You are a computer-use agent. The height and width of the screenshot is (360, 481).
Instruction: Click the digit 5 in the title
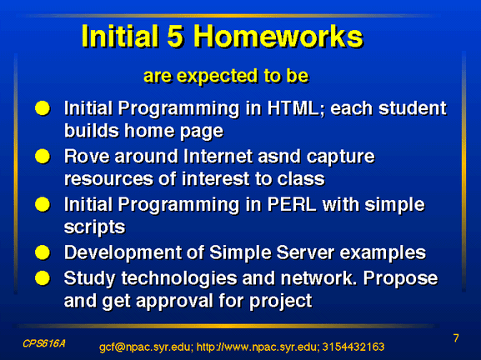point(175,36)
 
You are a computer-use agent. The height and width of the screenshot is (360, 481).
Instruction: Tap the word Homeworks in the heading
point(278,36)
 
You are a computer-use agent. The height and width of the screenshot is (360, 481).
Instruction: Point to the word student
point(413,108)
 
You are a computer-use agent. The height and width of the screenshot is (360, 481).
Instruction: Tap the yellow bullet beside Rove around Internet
point(43,157)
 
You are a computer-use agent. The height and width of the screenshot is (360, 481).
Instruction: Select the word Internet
point(218,157)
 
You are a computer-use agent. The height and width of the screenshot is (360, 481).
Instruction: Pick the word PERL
point(292,204)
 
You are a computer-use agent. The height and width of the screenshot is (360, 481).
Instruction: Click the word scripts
point(94,227)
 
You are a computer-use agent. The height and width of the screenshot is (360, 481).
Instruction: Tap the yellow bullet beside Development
point(43,252)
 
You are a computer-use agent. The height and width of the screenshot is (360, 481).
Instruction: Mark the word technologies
point(179,278)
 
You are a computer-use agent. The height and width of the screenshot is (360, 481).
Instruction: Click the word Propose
point(400,278)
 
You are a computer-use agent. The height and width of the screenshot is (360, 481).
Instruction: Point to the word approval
point(174,301)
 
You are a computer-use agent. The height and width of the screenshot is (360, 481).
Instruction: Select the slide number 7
point(456,338)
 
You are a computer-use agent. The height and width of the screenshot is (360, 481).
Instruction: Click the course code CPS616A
point(44,343)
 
